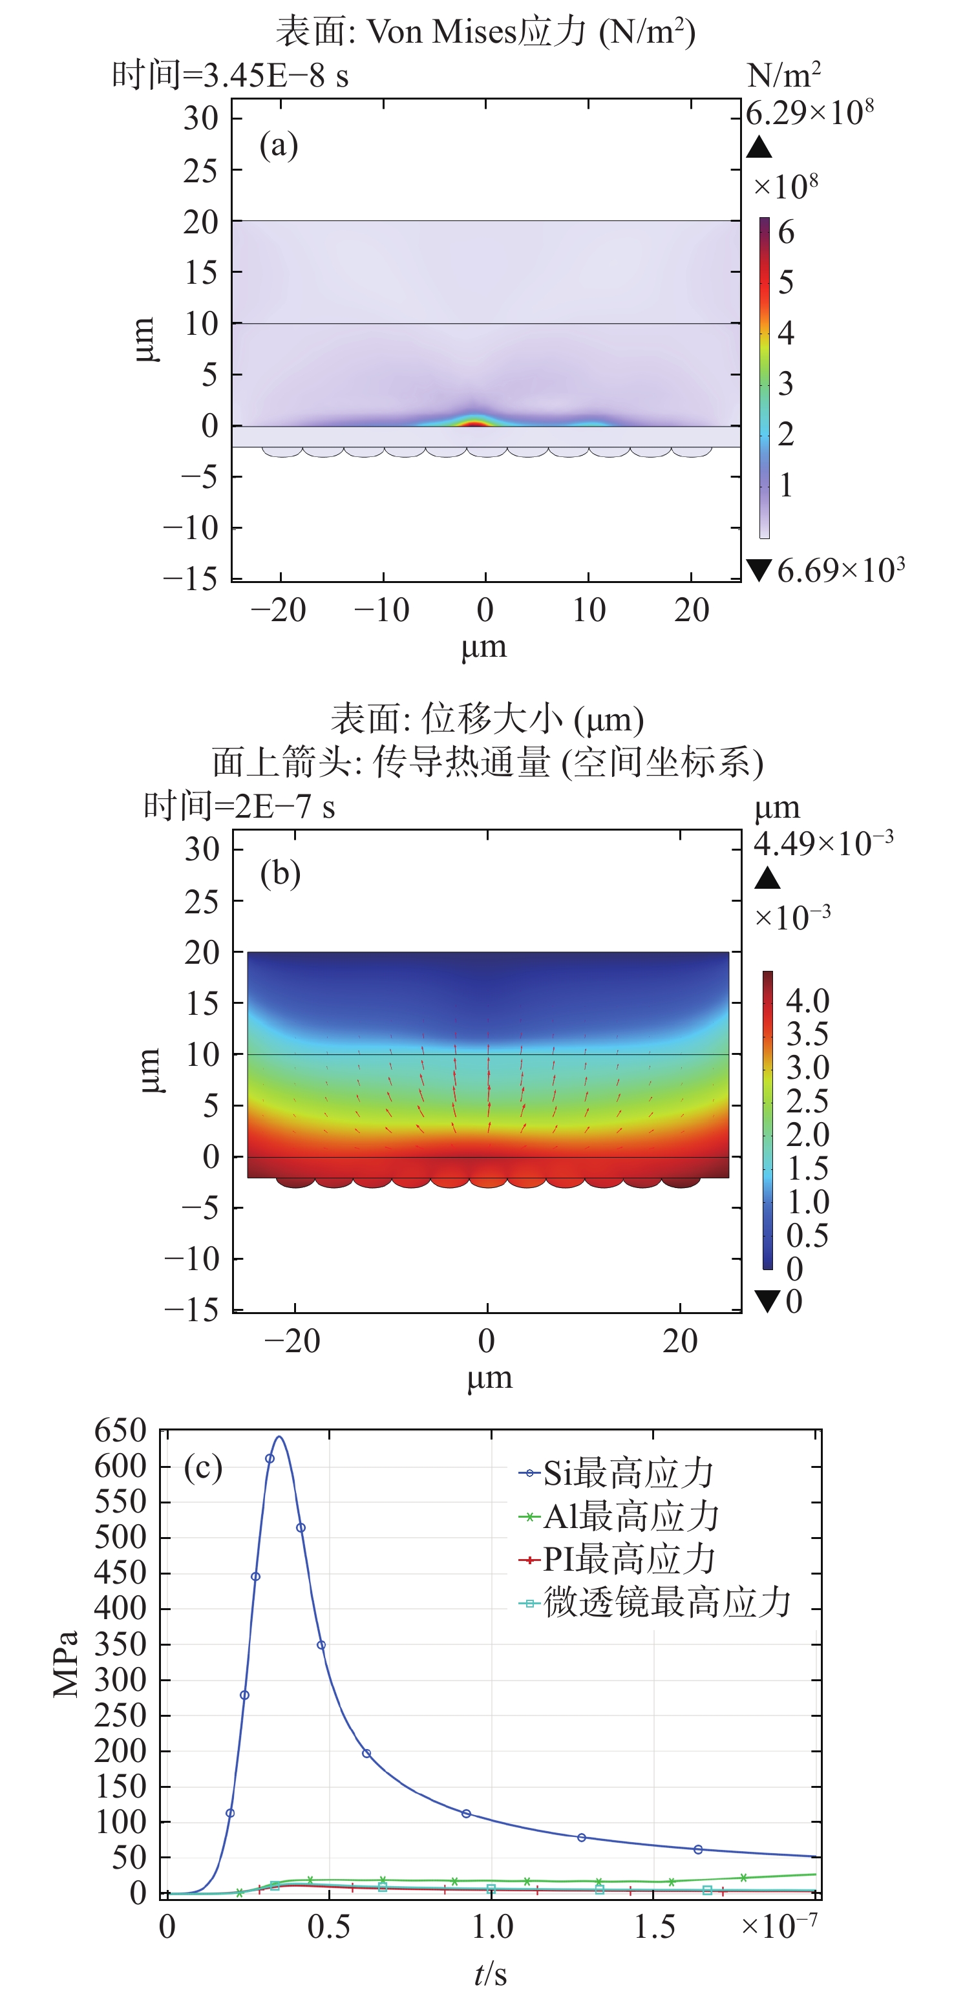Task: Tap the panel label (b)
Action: coord(280,873)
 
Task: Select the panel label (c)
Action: coord(203,1467)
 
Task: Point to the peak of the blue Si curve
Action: coord(279,1438)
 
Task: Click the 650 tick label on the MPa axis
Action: coord(120,1430)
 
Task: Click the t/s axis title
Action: coord(491,1974)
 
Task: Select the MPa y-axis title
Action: coord(67,1664)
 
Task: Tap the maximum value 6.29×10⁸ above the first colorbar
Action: coord(809,113)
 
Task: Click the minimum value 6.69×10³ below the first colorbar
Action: coord(840,571)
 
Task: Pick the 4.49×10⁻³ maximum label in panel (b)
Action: coord(823,843)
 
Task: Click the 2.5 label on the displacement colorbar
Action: coord(807,1101)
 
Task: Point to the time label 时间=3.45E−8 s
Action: coord(230,76)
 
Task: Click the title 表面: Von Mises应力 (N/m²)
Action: coord(486,32)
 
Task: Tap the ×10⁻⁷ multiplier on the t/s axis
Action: coord(779,1926)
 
